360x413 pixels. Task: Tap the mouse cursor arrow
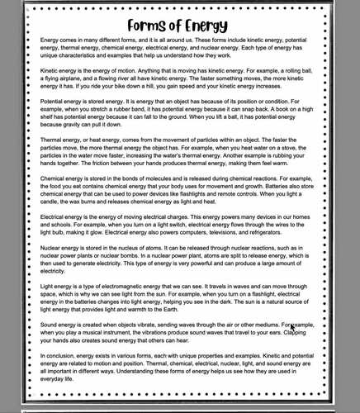[291, 328]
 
